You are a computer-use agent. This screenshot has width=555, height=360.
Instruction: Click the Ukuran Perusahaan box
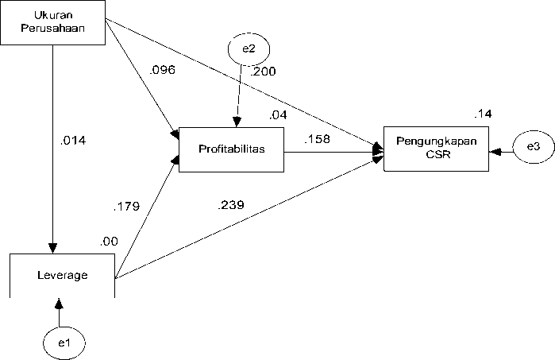pyautogui.click(x=52, y=23)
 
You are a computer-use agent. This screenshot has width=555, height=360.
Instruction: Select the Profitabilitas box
pyautogui.click(x=232, y=148)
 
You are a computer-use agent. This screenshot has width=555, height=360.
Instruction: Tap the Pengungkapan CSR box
pyautogui.click(x=436, y=148)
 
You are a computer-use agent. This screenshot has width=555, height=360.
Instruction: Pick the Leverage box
pyautogui.click(x=62, y=276)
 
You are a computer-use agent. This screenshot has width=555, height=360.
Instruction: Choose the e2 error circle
pyautogui.click(x=249, y=50)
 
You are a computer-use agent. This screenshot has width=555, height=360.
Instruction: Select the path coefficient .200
pyautogui.click(x=262, y=72)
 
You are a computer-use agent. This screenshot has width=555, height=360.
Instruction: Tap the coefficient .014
pyautogui.click(x=73, y=141)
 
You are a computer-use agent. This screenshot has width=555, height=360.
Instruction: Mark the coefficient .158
pyautogui.click(x=316, y=138)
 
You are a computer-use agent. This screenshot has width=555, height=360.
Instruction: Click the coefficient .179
pyautogui.click(x=127, y=206)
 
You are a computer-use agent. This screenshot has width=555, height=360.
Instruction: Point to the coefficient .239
pyautogui.click(x=230, y=205)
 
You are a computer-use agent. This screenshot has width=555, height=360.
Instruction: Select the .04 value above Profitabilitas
pyautogui.click(x=278, y=116)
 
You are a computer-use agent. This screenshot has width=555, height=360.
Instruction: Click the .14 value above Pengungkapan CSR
pyautogui.click(x=482, y=114)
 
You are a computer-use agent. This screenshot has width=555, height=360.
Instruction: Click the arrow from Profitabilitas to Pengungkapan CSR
pyautogui.click(x=333, y=148)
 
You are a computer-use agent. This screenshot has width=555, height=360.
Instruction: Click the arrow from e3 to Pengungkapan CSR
pyautogui.click(x=500, y=149)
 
